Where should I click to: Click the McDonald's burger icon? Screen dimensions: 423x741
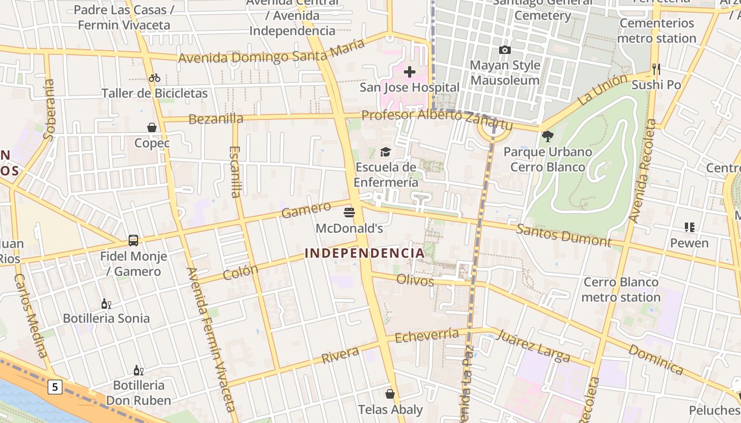click(x=349, y=213)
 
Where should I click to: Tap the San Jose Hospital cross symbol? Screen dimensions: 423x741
click(x=410, y=72)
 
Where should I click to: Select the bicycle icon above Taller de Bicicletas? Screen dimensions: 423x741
click(x=155, y=78)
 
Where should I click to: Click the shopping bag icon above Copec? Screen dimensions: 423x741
click(x=152, y=127)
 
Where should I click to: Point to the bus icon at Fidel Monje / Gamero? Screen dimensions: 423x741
click(x=133, y=241)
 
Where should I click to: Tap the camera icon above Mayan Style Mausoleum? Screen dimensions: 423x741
click(x=505, y=50)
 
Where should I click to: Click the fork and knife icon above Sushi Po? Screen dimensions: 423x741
click(x=656, y=69)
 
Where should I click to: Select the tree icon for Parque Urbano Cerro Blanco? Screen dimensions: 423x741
click(x=547, y=136)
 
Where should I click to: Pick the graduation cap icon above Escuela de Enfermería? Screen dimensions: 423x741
click(x=385, y=152)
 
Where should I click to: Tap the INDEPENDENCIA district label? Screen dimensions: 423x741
click(x=365, y=253)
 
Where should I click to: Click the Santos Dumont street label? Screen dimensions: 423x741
click(x=564, y=235)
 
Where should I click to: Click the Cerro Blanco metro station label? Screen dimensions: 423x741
click(x=621, y=289)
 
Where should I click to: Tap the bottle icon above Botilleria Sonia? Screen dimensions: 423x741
click(x=106, y=304)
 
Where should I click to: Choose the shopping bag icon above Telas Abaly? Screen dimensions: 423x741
click(x=390, y=394)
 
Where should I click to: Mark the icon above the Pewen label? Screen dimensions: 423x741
click(x=689, y=227)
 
